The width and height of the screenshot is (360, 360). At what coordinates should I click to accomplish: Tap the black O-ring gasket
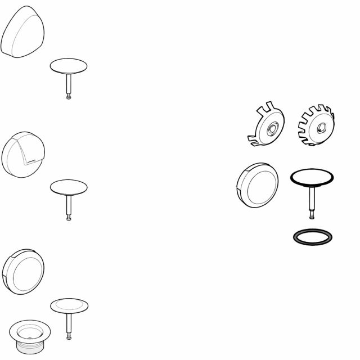click(313, 236)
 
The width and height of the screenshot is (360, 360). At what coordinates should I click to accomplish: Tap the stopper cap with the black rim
click(311, 178)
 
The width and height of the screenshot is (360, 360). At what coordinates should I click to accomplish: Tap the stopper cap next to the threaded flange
click(69, 305)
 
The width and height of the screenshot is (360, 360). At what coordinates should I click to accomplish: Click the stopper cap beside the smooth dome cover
click(69, 66)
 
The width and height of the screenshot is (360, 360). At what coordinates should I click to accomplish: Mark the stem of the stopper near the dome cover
click(69, 84)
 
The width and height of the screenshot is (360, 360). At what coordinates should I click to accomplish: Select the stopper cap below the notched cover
click(69, 187)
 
